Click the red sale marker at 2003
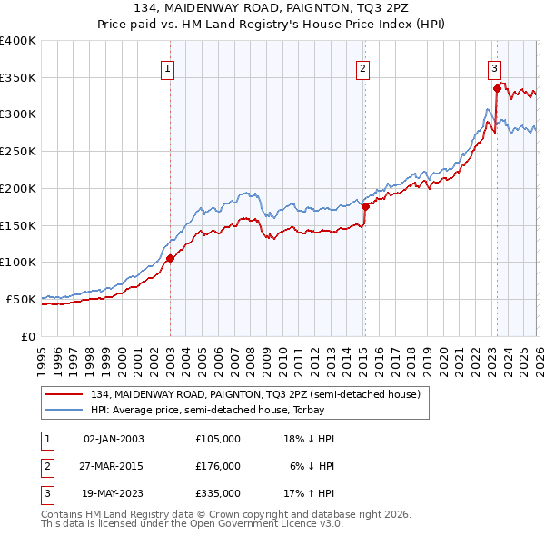click(170, 258)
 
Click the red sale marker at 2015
click(364, 205)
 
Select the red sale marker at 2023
click(497, 88)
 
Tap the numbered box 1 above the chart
click(169, 67)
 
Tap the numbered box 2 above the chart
click(362, 67)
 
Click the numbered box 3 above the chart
click(494, 67)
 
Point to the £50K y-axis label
click(22, 299)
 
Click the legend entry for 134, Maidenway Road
click(255, 395)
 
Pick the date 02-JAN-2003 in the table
click(114, 439)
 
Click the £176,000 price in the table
click(218, 466)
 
